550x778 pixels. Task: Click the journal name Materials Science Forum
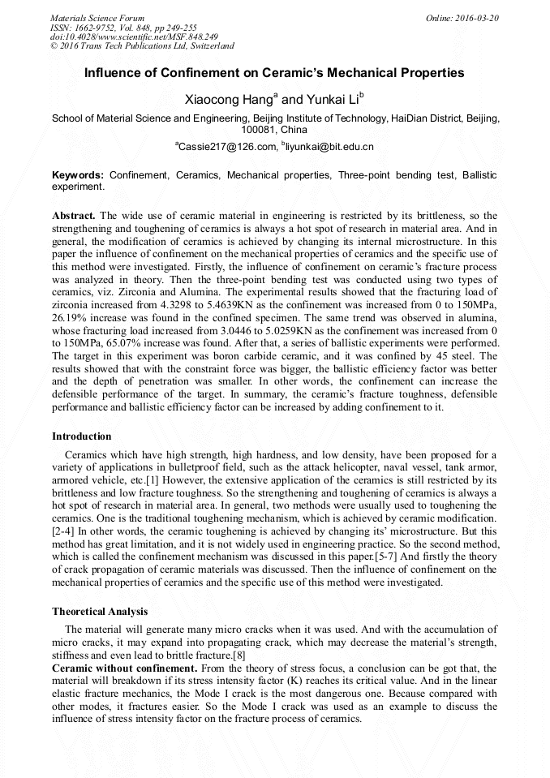(x=97, y=18)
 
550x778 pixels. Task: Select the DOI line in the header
(x=134, y=37)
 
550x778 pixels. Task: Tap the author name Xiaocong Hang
(x=230, y=99)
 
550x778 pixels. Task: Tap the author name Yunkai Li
(x=333, y=99)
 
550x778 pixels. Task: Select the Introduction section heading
(x=82, y=436)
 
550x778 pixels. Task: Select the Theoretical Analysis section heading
(x=100, y=611)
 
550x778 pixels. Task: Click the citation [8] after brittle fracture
(x=239, y=655)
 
